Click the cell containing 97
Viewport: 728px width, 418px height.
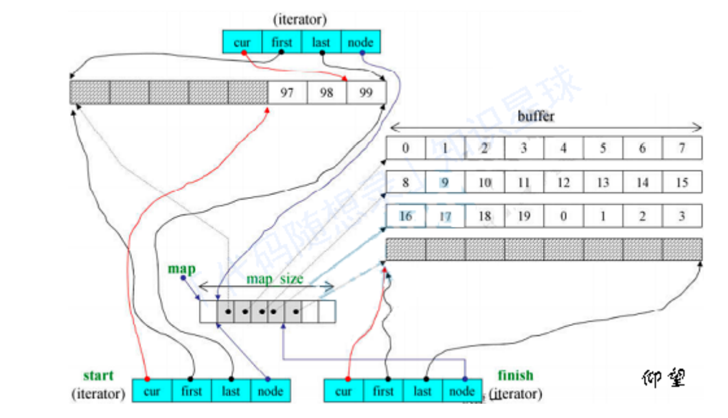click(287, 93)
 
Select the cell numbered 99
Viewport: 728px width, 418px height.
click(366, 93)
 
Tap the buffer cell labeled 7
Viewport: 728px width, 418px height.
click(681, 148)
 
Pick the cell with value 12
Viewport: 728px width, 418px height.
click(563, 183)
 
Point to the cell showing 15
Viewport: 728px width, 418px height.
click(681, 183)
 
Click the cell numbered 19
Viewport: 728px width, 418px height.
click(524, 216)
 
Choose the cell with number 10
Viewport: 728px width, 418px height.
click(484, 183)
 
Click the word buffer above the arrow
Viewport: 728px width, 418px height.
click(536, 117)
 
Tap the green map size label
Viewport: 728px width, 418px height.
click(274, 279)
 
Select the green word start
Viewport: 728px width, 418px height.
click(98, 375)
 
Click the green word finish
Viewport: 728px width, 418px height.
click(516, 375)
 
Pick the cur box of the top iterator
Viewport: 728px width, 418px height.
click(242, 43)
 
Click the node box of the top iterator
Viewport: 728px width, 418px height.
click(360, 43)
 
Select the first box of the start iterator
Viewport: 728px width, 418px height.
click(192, 391)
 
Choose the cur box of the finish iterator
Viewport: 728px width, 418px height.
click(343, 391)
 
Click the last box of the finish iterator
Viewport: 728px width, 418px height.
click(422, 391)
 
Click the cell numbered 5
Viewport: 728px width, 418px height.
click(603, 148)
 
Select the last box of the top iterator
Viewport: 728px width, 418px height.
click(321, 43)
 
